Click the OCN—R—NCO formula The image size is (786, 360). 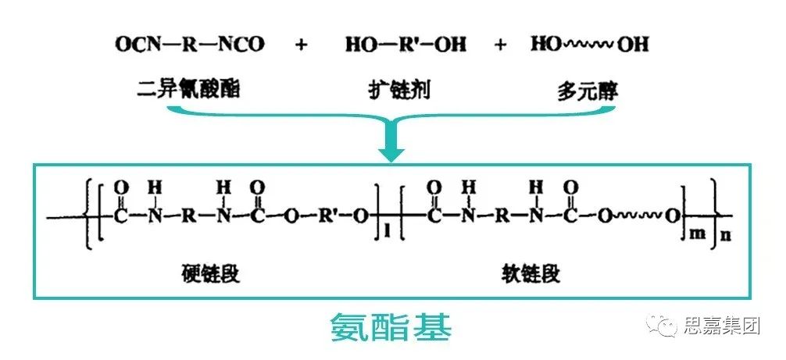[189, 44]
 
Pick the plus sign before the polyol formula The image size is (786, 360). [501, 45]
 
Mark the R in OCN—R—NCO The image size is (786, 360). [189, 44]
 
